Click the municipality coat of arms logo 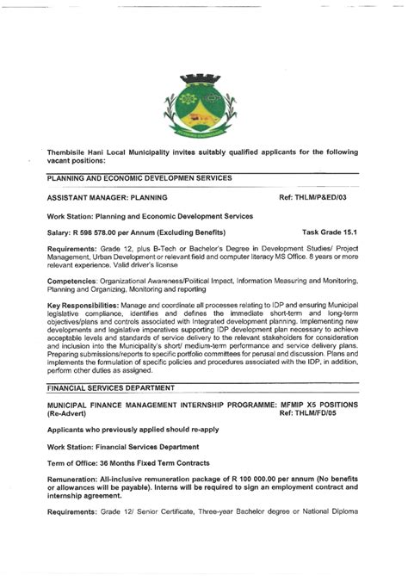204,106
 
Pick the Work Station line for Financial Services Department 123,447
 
